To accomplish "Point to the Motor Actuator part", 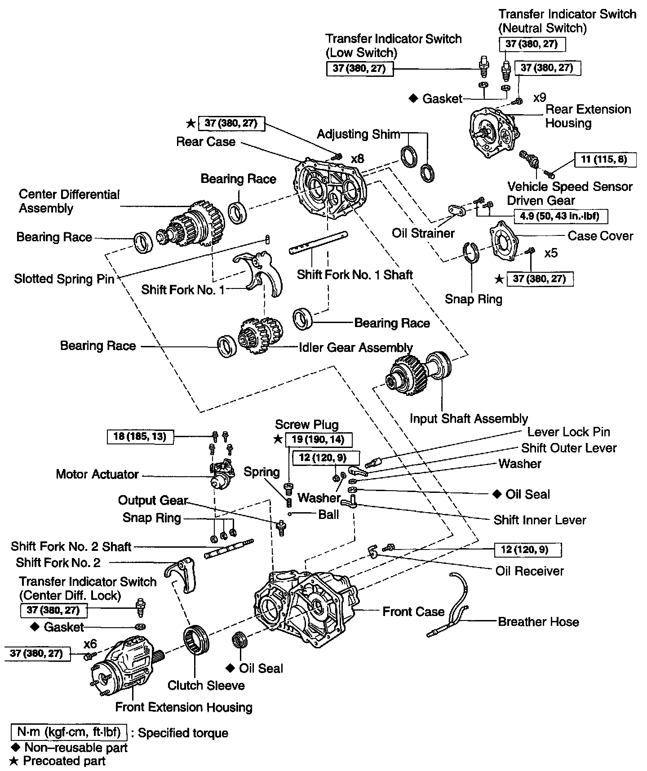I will [x=221, y=475].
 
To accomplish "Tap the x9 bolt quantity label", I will [x=539, y=98].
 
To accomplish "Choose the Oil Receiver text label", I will [x=529, y=571].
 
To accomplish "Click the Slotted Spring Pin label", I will [x=64, y=279].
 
